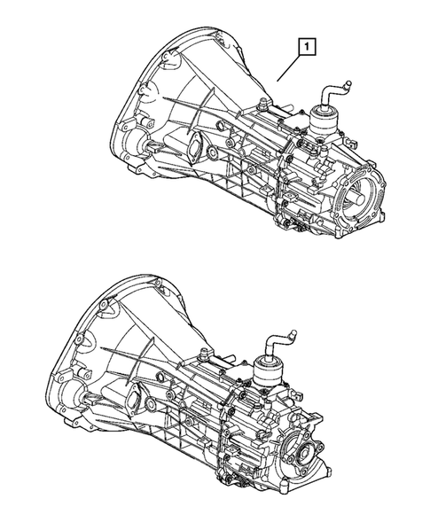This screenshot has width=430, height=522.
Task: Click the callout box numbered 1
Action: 306,46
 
